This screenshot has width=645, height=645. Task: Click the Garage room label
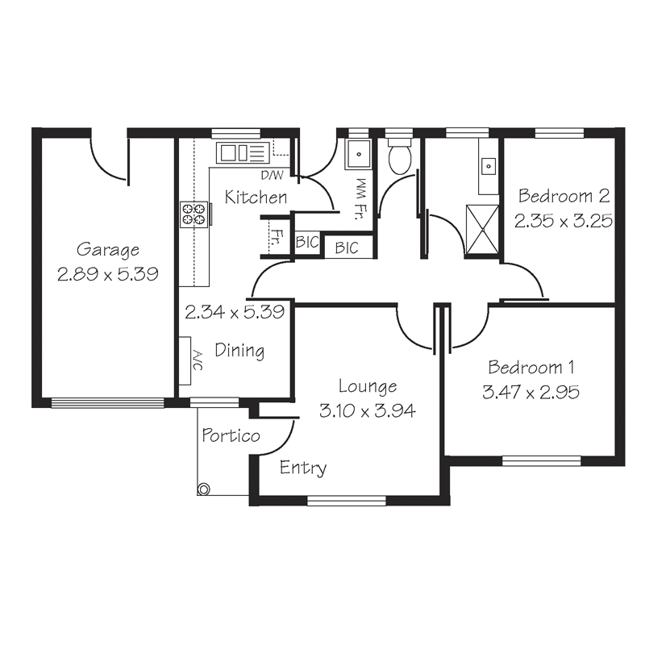coord(108,250)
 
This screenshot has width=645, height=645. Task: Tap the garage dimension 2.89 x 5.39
coord(108,274)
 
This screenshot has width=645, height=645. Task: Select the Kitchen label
coord(256,197)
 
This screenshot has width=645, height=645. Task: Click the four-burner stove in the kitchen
coord(193,213)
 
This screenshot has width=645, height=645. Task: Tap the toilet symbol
coord(399,157)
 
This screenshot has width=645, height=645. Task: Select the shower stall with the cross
coord(483,229)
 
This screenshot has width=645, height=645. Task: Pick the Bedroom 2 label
coord(563,196)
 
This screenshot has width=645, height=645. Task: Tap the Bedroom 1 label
coord(531,368)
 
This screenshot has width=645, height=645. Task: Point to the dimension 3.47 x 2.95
coord(531,393)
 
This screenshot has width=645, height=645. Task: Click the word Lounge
coord(367,387)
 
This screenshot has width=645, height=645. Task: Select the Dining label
coord(239,351)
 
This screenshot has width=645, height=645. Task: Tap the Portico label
coord(231,436)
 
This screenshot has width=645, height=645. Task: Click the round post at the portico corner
coord(203,489)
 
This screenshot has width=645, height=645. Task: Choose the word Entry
coord(303,468)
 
